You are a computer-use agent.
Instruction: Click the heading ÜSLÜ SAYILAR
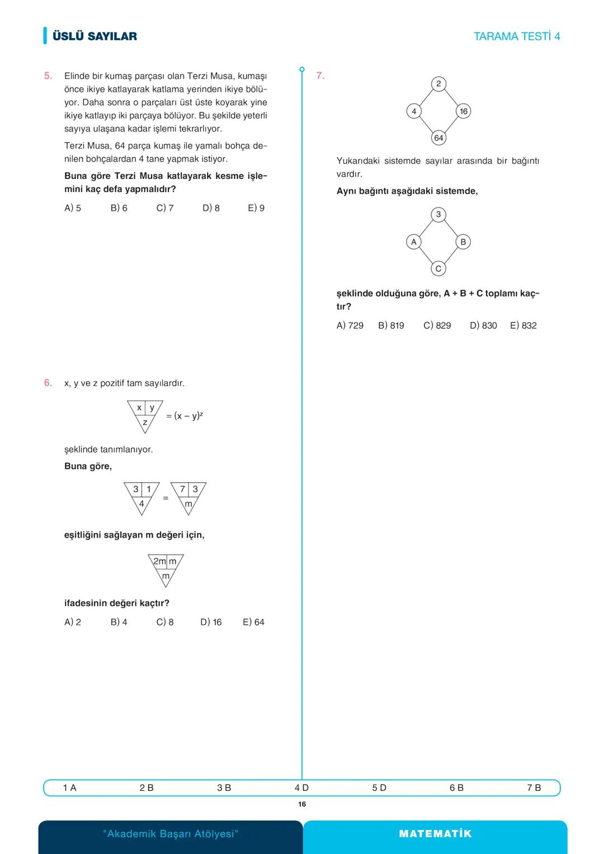(95, 36)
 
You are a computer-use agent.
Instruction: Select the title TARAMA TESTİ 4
(516, 36)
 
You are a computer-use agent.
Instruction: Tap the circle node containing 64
(438, 138)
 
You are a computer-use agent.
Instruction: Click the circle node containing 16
(464, 111)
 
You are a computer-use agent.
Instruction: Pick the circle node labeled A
(414, 242)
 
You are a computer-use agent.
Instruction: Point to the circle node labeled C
(438, 269)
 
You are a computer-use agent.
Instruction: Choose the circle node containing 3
(438, 214)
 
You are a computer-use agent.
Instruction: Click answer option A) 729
(350, 325)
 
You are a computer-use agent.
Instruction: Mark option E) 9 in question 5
(256, 208)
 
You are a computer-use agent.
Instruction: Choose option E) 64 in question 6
(253, 622)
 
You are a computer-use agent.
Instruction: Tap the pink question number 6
(48, 383)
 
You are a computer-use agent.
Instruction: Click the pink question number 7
(320, 76)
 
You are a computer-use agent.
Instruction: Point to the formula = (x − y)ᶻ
(185, 416)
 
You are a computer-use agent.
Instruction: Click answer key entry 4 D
(301, 787)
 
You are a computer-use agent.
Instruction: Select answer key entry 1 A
(69, 787)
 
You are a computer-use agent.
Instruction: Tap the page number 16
(302, 804)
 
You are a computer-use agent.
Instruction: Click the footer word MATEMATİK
(435, 834)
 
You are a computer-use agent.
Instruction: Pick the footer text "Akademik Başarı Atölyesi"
(171, 834)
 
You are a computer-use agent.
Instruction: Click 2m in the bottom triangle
(159, 561)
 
